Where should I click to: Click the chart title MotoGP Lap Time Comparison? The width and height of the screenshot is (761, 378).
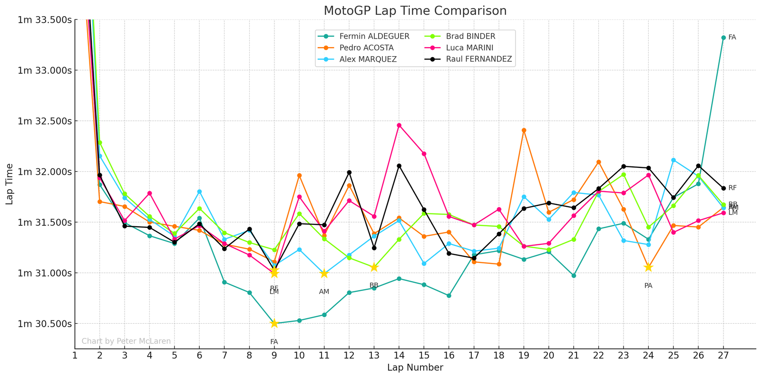tap(415, 10)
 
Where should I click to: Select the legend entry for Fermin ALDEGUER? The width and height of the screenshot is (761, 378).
tap(374, 37)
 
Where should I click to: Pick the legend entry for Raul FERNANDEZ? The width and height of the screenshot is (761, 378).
tap(478, 59)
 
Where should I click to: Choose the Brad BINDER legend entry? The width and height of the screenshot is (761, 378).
tap(470, 37)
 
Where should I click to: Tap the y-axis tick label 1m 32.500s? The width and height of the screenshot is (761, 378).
tap(45, 121)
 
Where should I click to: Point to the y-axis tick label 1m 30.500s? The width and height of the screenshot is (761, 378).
tap(45, 324)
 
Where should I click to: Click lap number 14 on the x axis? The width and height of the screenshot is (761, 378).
tap(399, 355)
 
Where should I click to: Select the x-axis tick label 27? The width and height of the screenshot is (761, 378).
tap(723, 355)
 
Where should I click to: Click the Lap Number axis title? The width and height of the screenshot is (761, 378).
tap(415, 368)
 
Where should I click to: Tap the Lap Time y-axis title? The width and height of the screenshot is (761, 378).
tap(10, 184)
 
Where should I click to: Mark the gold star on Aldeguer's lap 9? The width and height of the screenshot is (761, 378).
tap(274, 323)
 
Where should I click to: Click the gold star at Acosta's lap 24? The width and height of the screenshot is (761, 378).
tap(648, 267)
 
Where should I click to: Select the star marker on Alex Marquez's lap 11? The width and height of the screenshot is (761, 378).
tap(324, 273)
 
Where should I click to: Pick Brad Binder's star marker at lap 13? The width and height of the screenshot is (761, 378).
tap(374, 267)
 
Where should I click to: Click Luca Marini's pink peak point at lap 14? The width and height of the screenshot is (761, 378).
tap(399, 126)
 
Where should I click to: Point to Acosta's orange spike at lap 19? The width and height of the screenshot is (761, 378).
tap(524, 130)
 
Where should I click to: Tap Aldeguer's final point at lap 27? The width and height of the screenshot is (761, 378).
tap(723, 38)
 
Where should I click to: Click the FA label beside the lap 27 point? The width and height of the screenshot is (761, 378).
tap(732, 38)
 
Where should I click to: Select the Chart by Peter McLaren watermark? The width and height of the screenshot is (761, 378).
tap(126, 341)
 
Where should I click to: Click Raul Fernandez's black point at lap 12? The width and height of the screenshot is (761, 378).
tap(349, 172)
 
